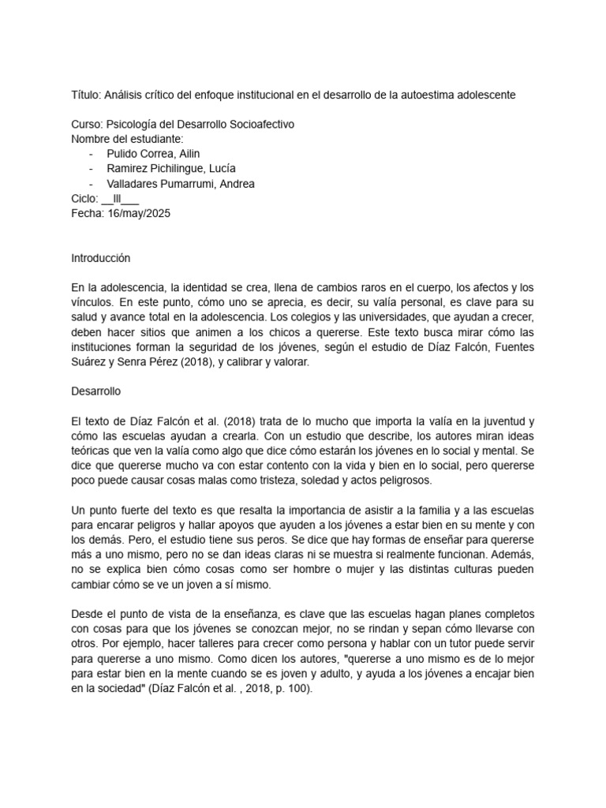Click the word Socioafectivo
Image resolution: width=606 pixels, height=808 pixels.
pyautogui.click(x=258, y=125)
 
